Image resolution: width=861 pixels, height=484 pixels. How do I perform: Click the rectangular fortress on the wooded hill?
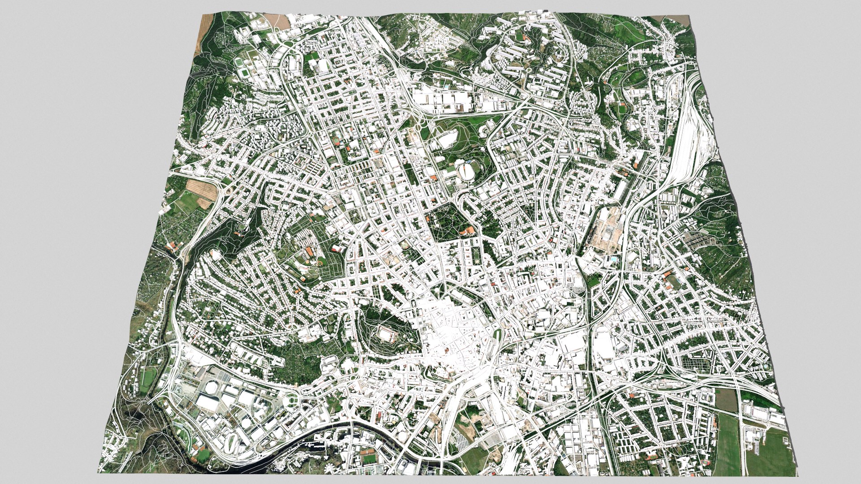(387, 333)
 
